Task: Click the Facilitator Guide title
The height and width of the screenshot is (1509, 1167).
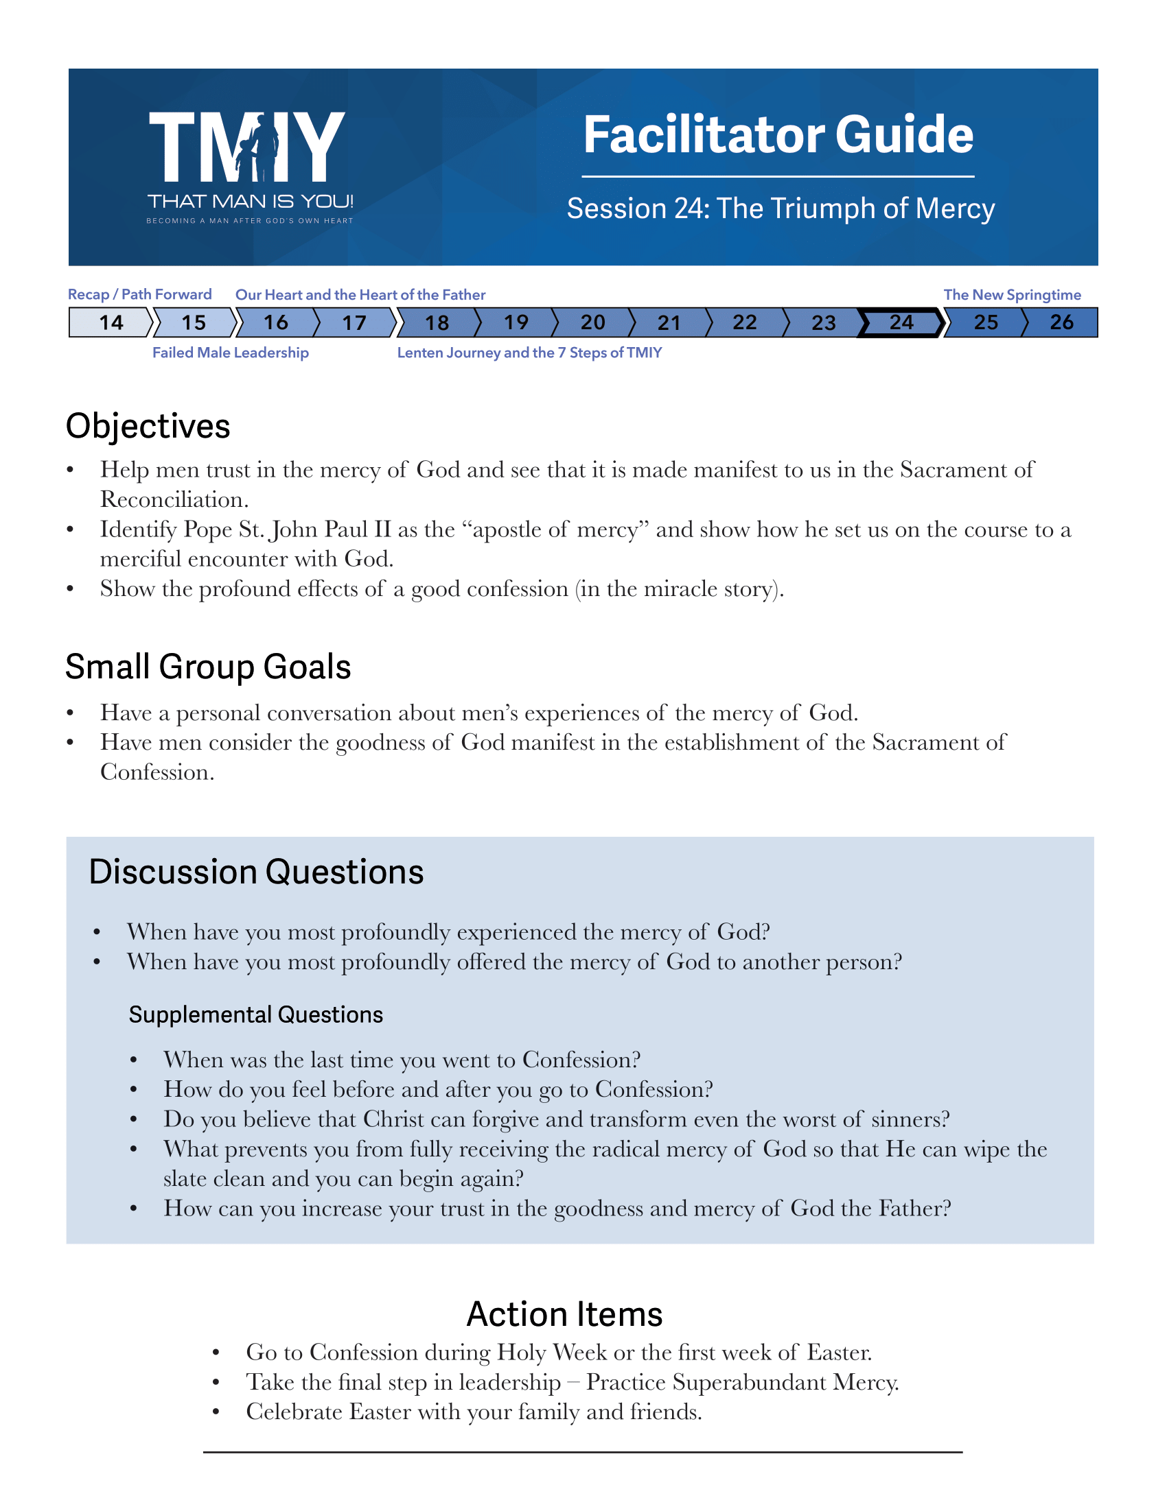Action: click(x=778, y=134)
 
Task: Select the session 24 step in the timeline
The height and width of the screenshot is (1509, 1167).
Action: click(x=901, y=322)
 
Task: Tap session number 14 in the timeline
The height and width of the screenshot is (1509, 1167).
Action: click(x=111, y=322)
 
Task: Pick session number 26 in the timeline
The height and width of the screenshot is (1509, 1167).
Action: click(x=1061, y=322)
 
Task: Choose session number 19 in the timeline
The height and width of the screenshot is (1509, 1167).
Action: click(x=516, y=322)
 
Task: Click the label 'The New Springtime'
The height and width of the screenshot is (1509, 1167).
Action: click(x=1012, y=295)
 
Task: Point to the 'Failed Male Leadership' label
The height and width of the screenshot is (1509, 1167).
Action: click(x=230, y=353)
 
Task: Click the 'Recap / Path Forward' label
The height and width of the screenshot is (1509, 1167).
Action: click(x=139, y=295)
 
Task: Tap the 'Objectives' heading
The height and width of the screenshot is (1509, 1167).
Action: click(x=148, y=427)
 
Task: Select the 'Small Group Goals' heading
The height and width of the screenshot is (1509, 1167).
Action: click(x=208, y=667)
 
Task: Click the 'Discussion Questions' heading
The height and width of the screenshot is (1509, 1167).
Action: click(x=256, y=872)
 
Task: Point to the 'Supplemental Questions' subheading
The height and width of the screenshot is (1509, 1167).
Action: click(x=256, y=1015)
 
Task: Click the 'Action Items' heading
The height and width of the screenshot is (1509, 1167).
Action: click(x=564, y=1314)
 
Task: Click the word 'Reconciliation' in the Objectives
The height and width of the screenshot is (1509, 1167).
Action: click(x=174, y=499)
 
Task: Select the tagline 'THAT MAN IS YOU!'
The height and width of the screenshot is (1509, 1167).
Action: click(x=251, y=202)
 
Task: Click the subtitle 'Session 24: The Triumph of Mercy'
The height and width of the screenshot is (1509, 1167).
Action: click(x=781, y=209)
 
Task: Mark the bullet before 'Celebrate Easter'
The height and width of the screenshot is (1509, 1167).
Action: click(x=216, y=1412)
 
